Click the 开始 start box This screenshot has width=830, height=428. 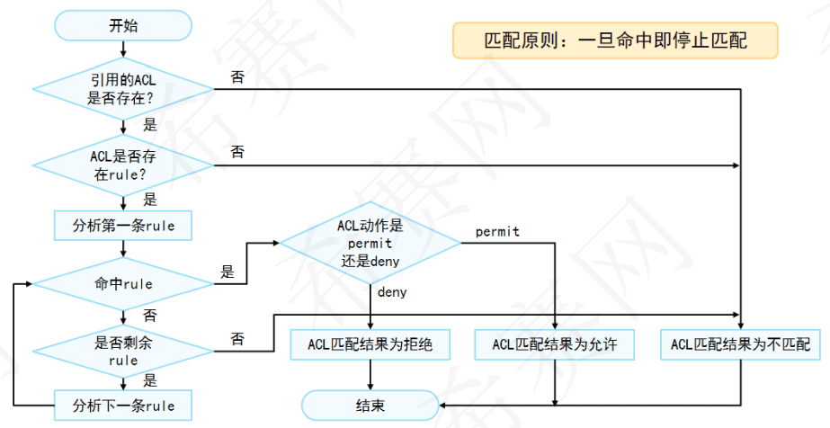tap(123, 25)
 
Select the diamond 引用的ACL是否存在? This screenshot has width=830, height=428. tap(123, 89)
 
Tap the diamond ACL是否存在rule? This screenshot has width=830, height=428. tap(123, 165)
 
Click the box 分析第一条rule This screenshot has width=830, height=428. tap(123, 225)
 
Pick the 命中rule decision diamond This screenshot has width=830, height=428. tap(123, 284)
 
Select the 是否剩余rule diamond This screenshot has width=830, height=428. tap(123, 351)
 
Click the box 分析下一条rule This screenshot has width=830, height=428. tap(123, 405)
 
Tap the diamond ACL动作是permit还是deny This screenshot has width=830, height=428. tap(370, 243)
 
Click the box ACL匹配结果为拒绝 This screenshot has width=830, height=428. tap(370, 344)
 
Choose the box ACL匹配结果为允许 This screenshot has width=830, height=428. tap(555, 344)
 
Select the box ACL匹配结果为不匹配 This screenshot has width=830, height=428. tap(740, 344)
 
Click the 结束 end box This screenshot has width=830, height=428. tap(370, 405)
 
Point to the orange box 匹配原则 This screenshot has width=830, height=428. tap(615, 41)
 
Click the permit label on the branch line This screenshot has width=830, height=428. tap(497, 232)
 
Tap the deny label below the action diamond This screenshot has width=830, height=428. tap(392, 292)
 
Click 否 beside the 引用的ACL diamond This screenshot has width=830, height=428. tap(237, 77)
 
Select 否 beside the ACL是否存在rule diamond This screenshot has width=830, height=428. tap(237, 152)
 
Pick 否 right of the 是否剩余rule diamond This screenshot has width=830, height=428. tap(237, 338)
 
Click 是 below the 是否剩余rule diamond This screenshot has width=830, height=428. tap(150, 379)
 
